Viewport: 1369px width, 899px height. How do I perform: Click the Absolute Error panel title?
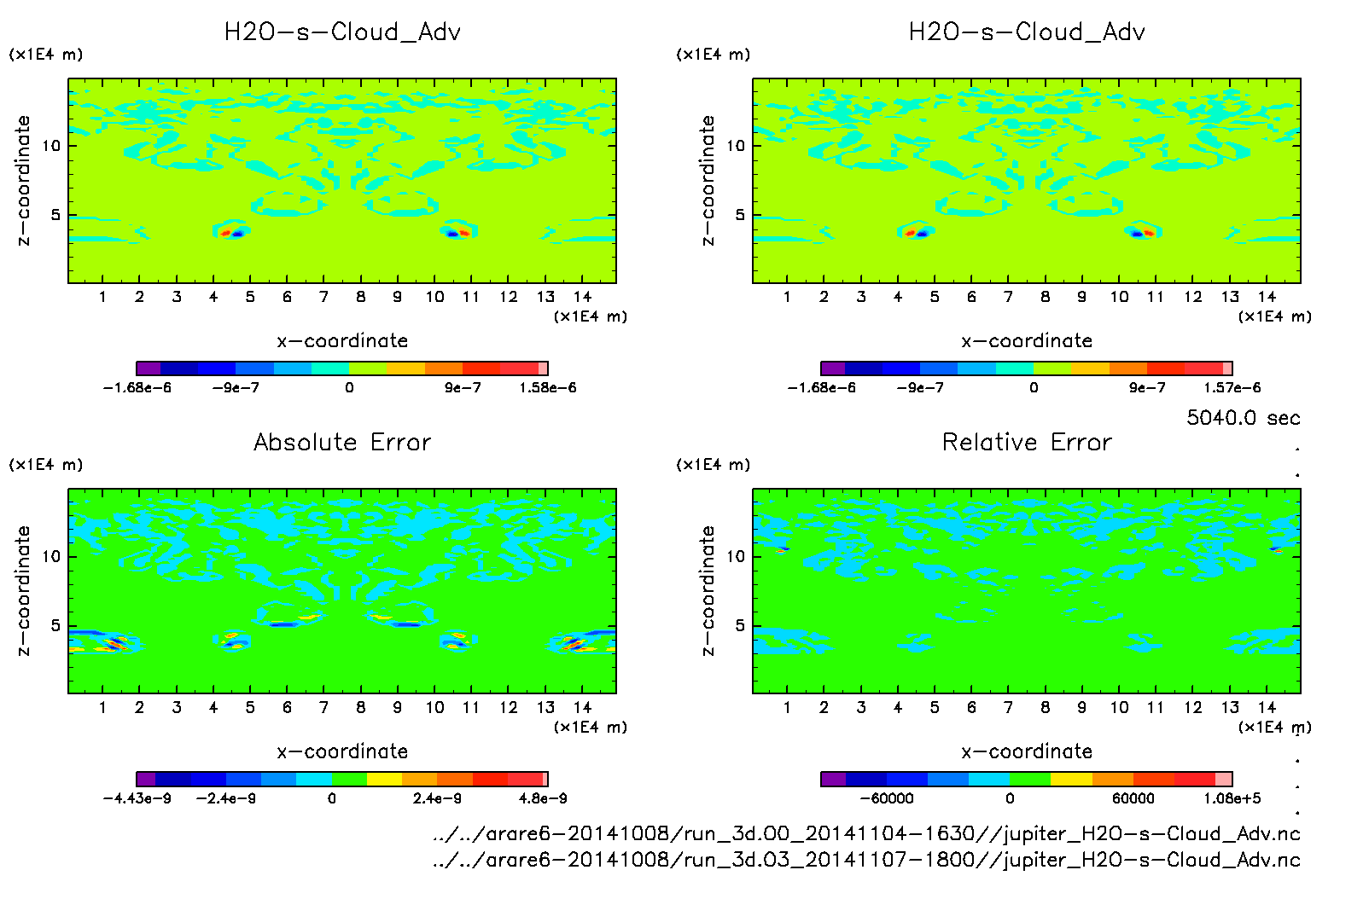342,442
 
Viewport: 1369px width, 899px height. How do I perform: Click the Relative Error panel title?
1027,442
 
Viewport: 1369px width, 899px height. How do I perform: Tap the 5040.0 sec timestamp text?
1243,418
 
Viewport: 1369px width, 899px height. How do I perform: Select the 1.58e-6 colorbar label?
547,388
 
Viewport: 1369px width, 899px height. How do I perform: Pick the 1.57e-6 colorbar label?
1232,388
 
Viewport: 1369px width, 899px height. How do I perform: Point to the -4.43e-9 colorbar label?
137,798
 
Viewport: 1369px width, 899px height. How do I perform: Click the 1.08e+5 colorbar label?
1232,798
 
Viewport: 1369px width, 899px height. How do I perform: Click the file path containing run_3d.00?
866,833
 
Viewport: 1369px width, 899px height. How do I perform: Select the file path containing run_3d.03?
866,859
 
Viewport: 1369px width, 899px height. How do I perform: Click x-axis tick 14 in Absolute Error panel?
582,707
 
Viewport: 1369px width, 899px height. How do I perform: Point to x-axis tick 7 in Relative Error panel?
1008,707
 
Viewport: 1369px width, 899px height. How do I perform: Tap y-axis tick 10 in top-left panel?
51,146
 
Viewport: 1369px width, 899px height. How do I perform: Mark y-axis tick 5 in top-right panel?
740,215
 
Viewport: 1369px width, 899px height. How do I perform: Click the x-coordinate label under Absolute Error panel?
342,751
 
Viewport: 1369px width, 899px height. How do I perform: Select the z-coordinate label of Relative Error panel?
707,590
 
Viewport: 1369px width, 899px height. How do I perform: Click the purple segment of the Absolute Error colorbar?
146,779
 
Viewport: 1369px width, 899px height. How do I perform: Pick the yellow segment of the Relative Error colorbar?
1071,779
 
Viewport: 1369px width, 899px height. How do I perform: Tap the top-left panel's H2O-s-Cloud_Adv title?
342,32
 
